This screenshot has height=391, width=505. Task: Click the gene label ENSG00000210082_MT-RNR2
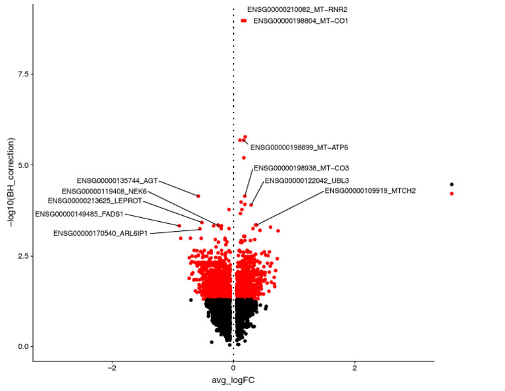[297, 10]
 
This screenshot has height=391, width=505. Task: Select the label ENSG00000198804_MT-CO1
[301, 21]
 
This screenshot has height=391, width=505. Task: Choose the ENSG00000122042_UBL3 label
[306, 180]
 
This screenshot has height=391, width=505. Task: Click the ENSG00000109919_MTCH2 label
[370, 191]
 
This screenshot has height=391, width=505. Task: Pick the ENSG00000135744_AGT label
[117, 180]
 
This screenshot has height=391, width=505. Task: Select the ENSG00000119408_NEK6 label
[104, 191]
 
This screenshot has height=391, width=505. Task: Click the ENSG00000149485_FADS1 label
[79, 214]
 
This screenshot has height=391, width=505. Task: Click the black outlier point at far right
[452, 184]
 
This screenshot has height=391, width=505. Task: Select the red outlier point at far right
[452, 194]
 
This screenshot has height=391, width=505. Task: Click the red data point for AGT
[198, 196]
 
